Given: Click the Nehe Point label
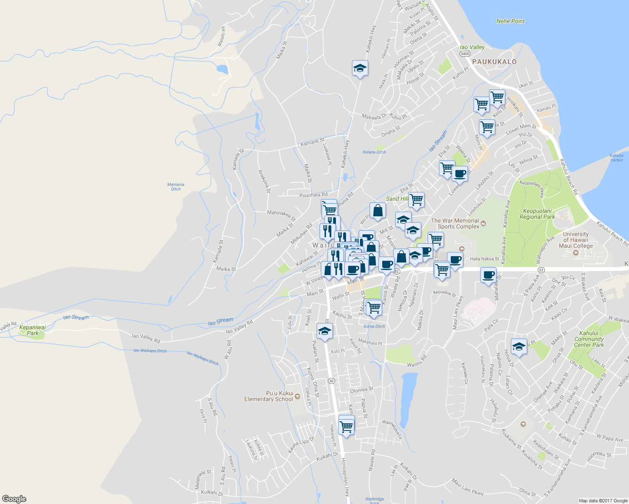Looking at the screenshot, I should (x=510, y=21).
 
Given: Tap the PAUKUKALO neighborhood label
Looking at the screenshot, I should (x=494, y=62).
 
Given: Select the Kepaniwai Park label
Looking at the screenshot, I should (x=32, y=330).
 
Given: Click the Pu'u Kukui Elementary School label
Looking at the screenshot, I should (x=269, y=396).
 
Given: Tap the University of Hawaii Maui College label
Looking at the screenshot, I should (x=576, y=240).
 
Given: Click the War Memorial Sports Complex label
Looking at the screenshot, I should (x=455, y=223).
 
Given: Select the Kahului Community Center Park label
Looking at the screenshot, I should (x=589, y=339).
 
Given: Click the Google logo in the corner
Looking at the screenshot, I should (x=14, y=499).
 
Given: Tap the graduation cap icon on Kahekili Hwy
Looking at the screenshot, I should (x=360, y=68).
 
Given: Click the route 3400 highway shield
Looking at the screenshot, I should (x=465, y=54).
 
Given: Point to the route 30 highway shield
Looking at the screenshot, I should (x=331, y=381).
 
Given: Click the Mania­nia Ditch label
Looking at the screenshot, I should (x=176, y=186).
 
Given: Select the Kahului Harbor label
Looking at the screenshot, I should (x=616, y=157).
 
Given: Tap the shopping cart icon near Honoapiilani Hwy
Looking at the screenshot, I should (x=346, y=427).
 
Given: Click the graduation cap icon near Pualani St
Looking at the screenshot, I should (x=325, y=331).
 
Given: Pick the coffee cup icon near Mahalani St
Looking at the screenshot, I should (x=488, y=276).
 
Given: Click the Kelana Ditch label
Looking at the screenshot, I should (x=374, y=152).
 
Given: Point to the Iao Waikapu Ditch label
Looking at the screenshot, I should (x=150, y=350).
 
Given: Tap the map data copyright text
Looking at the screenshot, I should (x=603, y=501).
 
